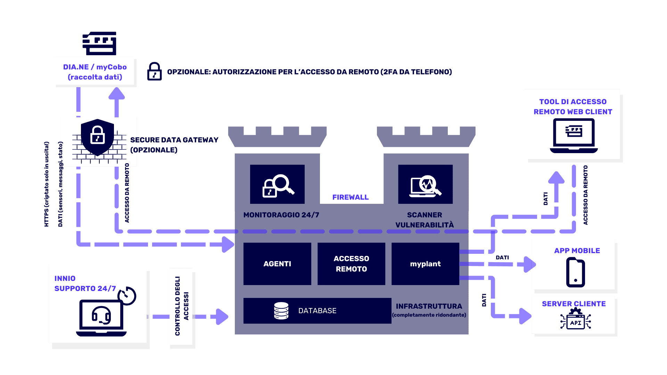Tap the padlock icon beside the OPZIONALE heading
click(154, 72)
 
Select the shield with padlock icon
click(97, 137)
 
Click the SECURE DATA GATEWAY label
click(174, 144)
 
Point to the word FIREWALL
click(350, 197)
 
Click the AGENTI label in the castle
click(277, 264)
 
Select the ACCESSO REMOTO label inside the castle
click(351, 264)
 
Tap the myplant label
click(425, 264)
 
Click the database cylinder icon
click(281, 311)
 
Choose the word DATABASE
click(317, 311)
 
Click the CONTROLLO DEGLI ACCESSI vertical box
click(181, 306)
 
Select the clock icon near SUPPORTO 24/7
click(127, 296)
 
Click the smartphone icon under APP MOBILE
click(575, 273)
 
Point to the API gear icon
click(575, 320)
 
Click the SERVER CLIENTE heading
click(574, 304)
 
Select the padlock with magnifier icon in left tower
click(278, 186)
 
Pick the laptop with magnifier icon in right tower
click(425, 186)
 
